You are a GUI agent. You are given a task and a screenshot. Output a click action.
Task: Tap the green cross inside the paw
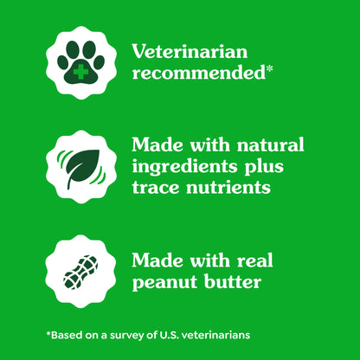tap(80, 69)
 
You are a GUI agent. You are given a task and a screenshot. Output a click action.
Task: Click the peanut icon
tap(80, 270)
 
